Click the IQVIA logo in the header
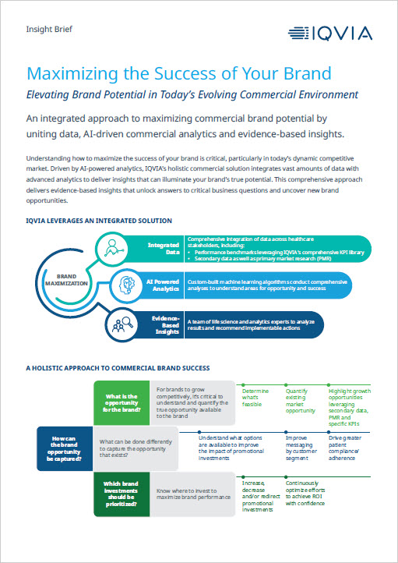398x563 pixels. click(329, 33)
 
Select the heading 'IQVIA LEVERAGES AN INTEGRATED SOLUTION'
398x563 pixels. click(99, 221)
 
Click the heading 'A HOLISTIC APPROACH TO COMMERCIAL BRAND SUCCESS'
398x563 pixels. click(118, 367)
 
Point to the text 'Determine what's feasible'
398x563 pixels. click(256, 398)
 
